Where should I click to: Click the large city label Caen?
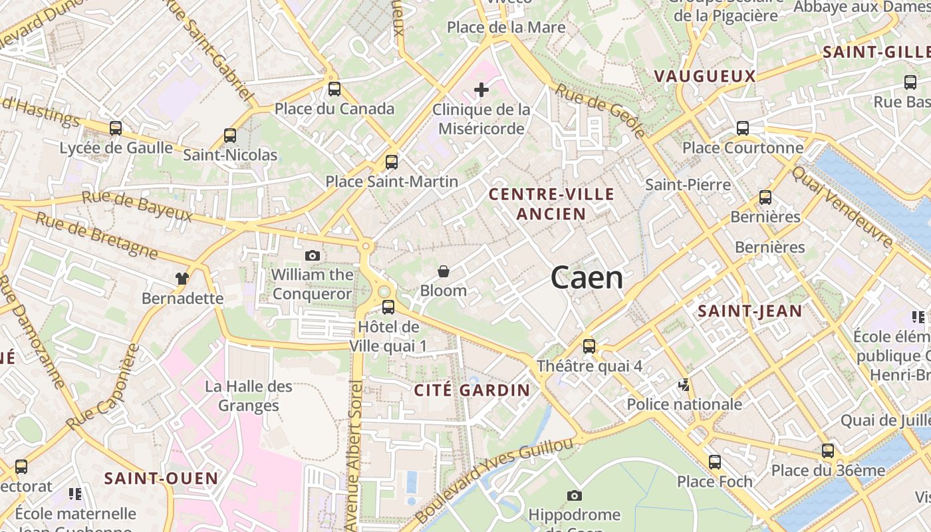(587, 278)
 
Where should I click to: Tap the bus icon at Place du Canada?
(334, 89)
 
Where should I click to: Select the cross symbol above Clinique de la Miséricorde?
(481, 90)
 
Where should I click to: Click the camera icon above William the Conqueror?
(312, 255)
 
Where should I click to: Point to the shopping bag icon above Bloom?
(444, 271)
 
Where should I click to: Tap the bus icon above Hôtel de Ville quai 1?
(388, 307)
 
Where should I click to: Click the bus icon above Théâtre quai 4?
(589, 346)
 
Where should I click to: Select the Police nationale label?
(684, 404)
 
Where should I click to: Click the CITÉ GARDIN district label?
(472, 390)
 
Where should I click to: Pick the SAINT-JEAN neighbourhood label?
(749, 311)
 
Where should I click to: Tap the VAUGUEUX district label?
(705, 76)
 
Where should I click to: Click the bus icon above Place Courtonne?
(743, 128)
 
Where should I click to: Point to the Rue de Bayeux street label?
(137, 206)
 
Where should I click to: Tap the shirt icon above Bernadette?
(182, 278)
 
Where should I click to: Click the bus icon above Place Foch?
(715, 462)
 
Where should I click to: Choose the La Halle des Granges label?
(249, 396)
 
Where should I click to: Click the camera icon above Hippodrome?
(575, 495)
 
